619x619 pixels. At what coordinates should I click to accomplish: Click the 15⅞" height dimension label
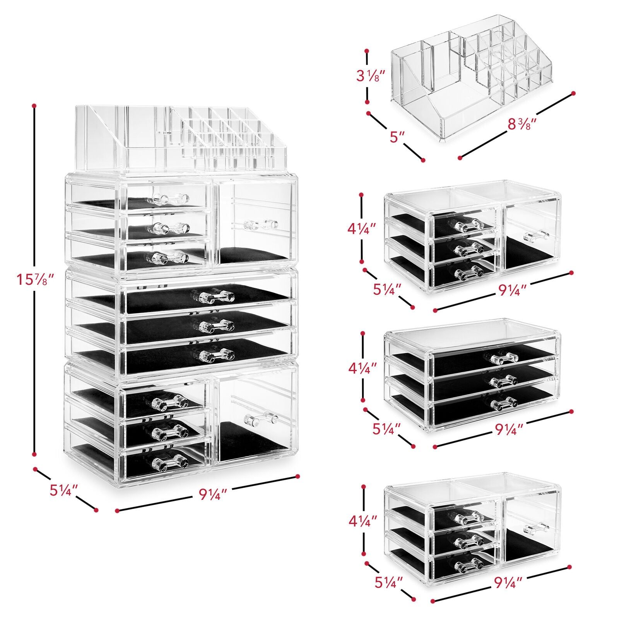(x=34, y=279)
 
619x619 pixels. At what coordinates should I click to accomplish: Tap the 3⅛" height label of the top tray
(x=371, y=76)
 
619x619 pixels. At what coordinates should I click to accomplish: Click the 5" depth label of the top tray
(x=397, y=136)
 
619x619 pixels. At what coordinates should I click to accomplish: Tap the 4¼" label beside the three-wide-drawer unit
(x=363, y=368)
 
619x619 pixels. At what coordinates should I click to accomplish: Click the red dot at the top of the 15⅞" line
(x=34, y=105)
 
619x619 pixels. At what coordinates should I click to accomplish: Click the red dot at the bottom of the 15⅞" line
(x=34, y=454)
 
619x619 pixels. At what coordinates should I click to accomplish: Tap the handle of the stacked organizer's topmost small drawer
(x=171, y=198)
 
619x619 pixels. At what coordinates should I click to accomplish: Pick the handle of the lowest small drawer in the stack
(x=169, y=463)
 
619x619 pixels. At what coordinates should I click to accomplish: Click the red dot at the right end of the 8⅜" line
(x=573, y=93)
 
